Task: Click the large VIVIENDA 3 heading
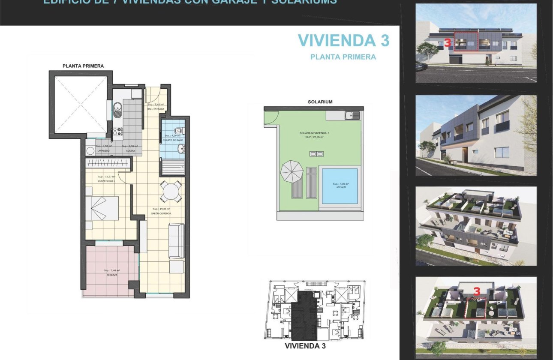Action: point(343,40)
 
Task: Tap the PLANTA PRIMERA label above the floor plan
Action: point(83,66)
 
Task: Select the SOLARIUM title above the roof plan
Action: point(320,102)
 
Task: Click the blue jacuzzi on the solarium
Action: point(340,186)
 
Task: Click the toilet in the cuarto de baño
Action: point(179,130)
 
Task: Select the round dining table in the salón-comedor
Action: point(171,191)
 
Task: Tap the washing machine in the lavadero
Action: point(90,151)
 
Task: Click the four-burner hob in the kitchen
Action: point(117,133)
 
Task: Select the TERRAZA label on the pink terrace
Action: point(112,275)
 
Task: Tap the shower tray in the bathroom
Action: point(173,166)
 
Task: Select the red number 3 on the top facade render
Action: point(447,43)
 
